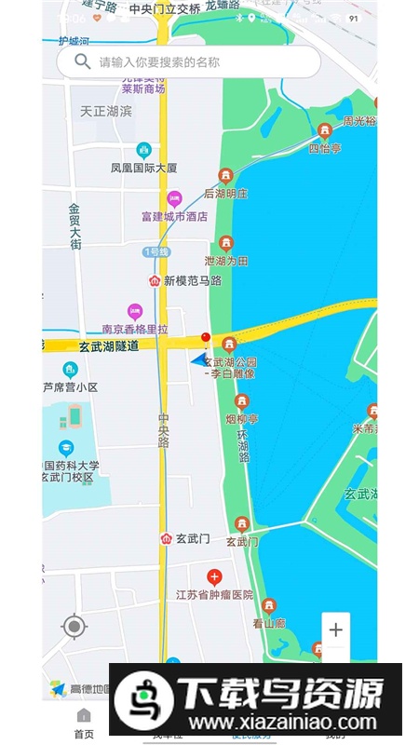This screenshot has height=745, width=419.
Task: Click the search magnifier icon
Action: click(83, 61)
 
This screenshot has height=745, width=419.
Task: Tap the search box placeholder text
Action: click(160, 62)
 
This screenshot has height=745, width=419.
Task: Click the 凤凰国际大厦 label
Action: click(143, 169)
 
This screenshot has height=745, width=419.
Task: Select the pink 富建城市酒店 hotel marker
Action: click(173, 198)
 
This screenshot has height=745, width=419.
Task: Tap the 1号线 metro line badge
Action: click(155, 252)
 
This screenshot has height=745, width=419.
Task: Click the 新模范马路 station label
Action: click(193, 280)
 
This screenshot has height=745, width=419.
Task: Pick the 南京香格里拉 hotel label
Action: click(136, 330)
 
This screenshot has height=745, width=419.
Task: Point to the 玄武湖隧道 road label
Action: click(109, 345)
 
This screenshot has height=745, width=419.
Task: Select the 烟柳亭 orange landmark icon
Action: click(242, 401)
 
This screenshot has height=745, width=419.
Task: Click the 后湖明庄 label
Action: click(226, 194)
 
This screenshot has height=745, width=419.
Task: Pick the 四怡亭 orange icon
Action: click(325, 131)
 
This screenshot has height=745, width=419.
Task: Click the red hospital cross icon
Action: click(214, 576)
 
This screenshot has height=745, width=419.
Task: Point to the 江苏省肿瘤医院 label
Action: click(214, 595)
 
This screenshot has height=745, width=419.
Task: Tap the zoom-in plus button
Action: click(336, 630)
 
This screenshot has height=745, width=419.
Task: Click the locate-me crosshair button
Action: click(74, 627)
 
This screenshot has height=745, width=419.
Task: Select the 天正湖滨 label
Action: click(106, 111)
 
